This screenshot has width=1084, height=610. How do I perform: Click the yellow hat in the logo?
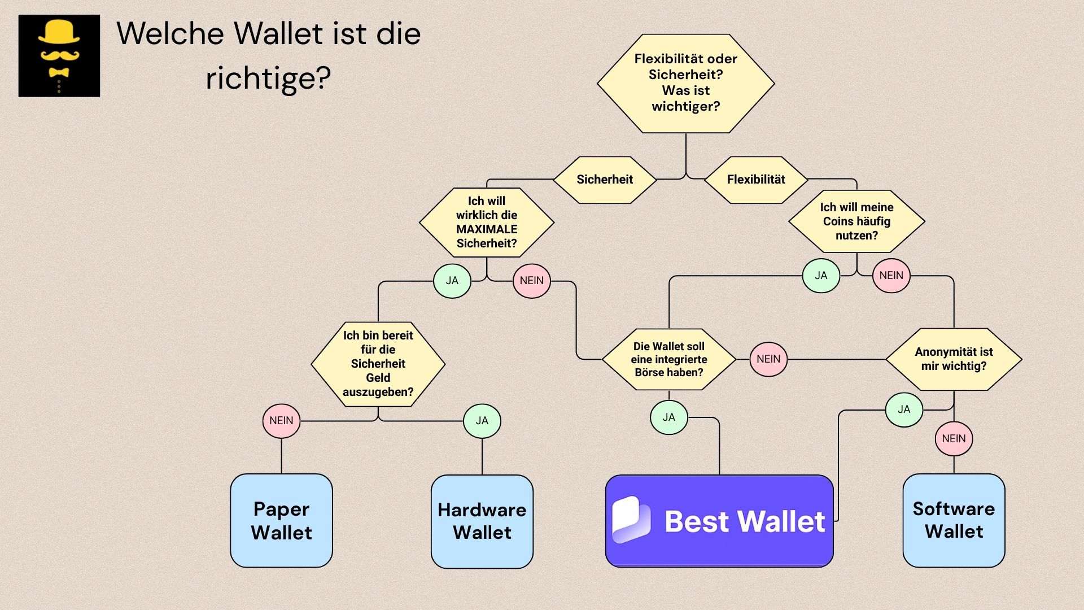tap(59, 33)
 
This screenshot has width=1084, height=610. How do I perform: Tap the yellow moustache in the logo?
tap(59, 55)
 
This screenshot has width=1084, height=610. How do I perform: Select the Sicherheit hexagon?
tap(605, 180)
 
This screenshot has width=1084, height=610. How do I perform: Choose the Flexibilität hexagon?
tap(756, 180)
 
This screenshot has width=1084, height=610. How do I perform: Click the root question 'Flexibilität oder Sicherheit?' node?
tap(685, 83)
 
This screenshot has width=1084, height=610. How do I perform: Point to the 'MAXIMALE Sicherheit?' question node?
tap(487, 222)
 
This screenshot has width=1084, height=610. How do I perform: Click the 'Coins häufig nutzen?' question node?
tap(856, 221)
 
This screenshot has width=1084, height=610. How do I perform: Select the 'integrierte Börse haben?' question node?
tap(669, 359)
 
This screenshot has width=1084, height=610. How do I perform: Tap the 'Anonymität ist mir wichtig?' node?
tap(954, 359)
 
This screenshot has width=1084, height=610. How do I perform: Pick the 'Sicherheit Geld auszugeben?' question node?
tap(378, 364)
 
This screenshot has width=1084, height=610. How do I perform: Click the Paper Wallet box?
tap(281, 521)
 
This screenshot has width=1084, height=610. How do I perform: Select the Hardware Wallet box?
tap(482, 521)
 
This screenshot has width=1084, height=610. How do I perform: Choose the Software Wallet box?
tap(954, 520)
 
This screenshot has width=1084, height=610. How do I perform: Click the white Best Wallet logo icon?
tap(631, 520)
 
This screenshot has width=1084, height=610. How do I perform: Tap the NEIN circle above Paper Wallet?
tap(281, 421)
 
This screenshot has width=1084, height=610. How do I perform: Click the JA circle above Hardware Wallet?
tap(482, 421)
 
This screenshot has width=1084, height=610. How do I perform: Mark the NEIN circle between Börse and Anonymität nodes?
tap(768, 359)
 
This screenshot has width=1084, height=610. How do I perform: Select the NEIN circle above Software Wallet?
tap(954, 439)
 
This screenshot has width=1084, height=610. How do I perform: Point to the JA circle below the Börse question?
tap(669, 417)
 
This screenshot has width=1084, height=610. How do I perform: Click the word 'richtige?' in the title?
tap(268, 78)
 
